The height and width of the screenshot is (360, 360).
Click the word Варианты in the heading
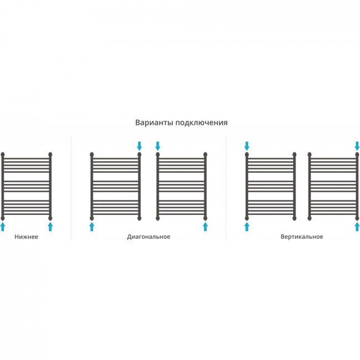tap(155, 122)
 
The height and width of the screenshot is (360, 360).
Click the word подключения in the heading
tap(202, 123)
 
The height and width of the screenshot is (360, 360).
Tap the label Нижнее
tap(26, 236)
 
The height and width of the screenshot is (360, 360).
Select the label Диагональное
tap(148, 236)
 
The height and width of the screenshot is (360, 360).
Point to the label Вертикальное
tap(302, 236)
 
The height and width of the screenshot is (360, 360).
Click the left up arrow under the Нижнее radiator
tap(3, 227)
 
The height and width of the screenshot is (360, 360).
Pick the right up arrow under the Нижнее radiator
tap(50, 227)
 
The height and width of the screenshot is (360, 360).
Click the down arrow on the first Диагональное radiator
tap(140, 146)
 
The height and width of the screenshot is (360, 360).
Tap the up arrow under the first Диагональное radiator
tap(91, 227)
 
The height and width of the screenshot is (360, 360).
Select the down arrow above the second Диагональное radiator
tap(157, 146)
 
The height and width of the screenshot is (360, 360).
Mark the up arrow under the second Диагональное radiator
tap(205, 227)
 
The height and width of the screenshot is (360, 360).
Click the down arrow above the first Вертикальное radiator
tap(247, 146)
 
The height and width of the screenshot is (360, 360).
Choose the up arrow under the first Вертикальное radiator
tap(247, 227)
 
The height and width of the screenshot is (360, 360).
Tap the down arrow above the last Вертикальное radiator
tap(357, 146)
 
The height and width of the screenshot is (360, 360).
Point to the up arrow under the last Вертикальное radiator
tap(357, 227)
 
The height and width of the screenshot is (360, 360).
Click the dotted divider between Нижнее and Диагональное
tap(71, 188)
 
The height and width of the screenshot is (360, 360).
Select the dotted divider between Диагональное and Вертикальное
tap(226, 188)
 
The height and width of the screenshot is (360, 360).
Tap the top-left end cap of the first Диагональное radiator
tap(91, 155)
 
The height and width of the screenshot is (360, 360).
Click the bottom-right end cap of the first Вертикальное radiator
tap(294, 218)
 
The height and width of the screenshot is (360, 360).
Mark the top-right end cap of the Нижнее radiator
tap(50, 155)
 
